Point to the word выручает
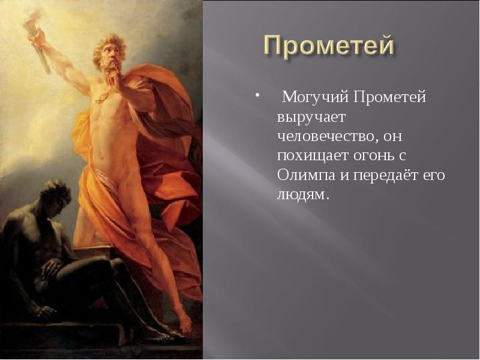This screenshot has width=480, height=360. (x=308, y=116)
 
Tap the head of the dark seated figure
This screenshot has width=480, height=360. (x=56, y=195)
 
